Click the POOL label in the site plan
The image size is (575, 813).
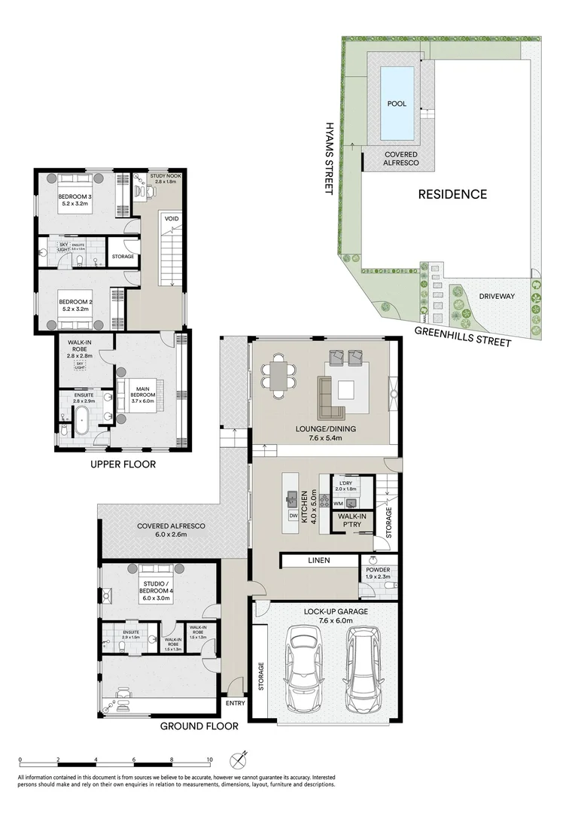[397, 104]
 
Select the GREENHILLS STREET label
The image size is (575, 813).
[465, 336]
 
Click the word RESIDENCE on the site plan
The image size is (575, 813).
[452, 194]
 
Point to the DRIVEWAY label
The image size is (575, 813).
[497, 297]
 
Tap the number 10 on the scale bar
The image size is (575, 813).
[209, 760]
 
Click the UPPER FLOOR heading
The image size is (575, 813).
[123, 464]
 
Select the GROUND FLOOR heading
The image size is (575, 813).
[199, 726]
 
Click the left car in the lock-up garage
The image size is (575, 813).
[306, 671]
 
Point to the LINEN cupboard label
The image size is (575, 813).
[318, 560]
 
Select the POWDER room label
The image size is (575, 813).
[377, 571]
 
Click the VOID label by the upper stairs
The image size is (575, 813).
[172, 221]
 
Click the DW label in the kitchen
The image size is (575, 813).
[293, 516]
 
